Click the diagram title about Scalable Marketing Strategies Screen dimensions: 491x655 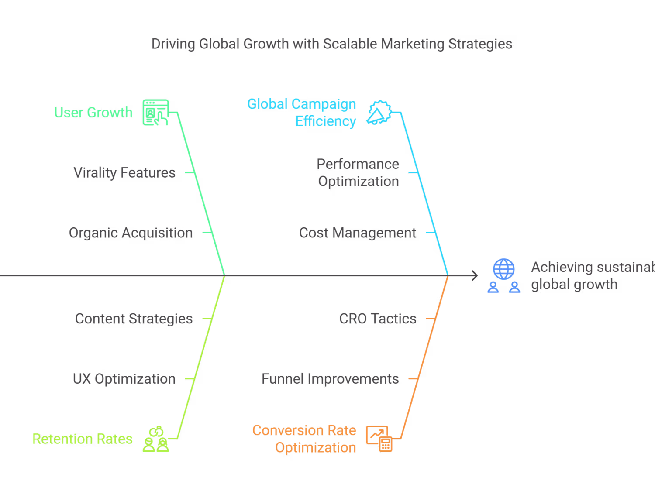331,44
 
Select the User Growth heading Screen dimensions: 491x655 93,113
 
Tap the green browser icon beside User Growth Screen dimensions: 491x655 155,113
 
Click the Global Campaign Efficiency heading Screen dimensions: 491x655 302,113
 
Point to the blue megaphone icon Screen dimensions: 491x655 379,113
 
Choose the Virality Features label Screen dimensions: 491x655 124,173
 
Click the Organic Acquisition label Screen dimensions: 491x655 131,233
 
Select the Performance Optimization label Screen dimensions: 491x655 358,173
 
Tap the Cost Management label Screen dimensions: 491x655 358,233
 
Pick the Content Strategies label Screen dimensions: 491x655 134,319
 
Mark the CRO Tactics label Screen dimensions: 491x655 378,319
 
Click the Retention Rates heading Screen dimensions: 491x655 83,439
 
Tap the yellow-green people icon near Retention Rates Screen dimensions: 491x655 155,439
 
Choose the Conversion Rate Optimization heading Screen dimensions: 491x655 305,439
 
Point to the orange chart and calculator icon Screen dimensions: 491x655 379,439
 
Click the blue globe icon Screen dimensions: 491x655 504,269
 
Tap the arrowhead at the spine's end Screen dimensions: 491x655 475,275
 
